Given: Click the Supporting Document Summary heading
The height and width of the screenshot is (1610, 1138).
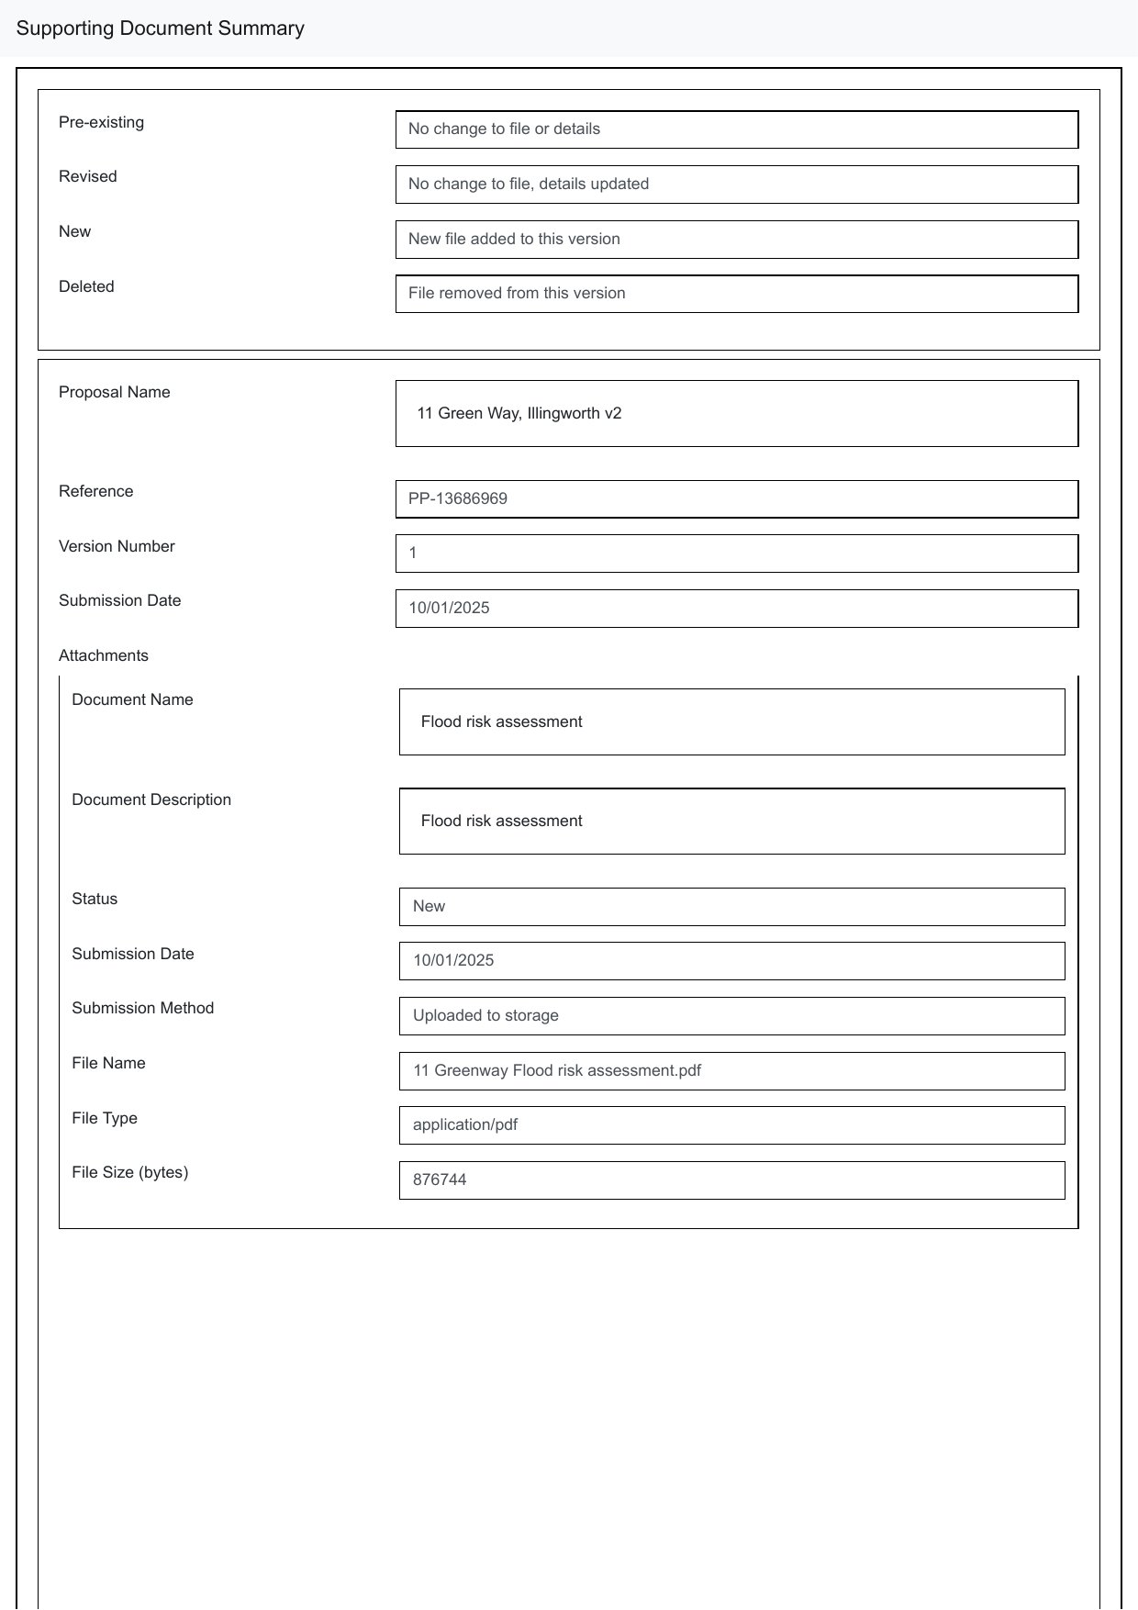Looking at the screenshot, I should (161, 28).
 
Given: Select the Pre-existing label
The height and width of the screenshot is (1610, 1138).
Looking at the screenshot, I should (101, 122).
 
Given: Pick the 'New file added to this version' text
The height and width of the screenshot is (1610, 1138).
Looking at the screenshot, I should (514, 240).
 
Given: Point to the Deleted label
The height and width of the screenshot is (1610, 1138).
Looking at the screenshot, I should (86, 286).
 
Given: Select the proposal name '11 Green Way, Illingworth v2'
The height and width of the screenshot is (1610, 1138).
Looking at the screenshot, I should (519, 414).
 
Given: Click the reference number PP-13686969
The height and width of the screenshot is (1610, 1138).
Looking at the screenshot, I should (458, 499).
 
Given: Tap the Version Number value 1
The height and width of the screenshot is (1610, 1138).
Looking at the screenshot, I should (413, 553).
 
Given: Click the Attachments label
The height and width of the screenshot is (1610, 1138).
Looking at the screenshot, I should (103, 655).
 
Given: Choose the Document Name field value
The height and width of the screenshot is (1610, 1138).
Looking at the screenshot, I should (501, 722).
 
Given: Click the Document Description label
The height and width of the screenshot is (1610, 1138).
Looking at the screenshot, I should (151, 799).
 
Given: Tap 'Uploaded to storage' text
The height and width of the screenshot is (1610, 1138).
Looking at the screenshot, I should (485, 1016).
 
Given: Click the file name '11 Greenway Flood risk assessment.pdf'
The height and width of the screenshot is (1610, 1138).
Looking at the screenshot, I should (557, 1071).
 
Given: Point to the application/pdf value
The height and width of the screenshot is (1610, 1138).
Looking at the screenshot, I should (465, 1125).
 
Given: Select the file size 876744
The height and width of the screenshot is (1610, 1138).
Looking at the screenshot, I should (440, 1180).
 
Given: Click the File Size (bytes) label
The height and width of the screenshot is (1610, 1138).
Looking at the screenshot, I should (129, 1172).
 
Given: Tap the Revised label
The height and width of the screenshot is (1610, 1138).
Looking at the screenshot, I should (87, 176).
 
